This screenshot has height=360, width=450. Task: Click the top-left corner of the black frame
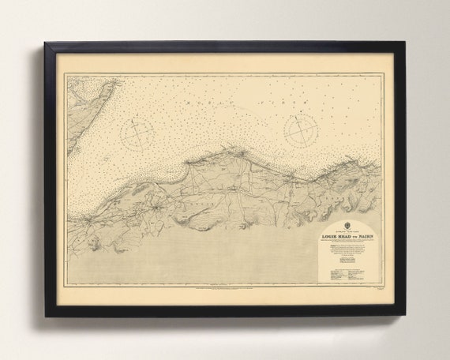[46, 44]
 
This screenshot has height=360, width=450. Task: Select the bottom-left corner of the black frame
[46, 315]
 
